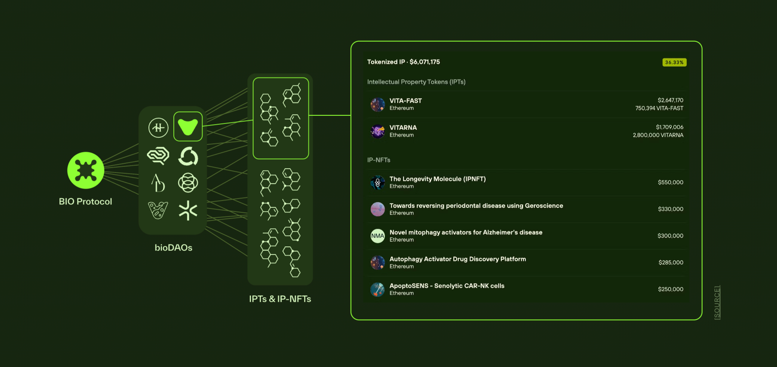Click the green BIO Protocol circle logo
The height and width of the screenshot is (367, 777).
(x=86, y=170)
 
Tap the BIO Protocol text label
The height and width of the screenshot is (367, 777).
(x=85, y=202)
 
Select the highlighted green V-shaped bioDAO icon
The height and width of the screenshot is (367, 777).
(x=188, y=127)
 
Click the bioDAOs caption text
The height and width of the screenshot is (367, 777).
(x=173, y=248)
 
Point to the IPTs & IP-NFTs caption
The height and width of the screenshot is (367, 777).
(x=280, y=299)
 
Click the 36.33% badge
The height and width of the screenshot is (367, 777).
(x=674, y=63)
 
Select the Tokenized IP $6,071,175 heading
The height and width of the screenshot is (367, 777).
(x=403, y=62)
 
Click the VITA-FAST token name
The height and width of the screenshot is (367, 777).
(x=405, y=101)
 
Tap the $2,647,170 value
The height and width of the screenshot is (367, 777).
(x=670, y=100)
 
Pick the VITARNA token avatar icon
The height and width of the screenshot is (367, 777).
(x=377, y=131)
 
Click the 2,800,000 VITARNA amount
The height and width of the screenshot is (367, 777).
(x=658, y=135)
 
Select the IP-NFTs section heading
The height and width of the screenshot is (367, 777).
(x=378, y=160)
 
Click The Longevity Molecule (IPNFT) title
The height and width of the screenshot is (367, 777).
(x=437, y=179)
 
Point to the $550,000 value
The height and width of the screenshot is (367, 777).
(x=670, y=182)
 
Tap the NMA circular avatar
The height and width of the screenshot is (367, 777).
(x=377, y=236)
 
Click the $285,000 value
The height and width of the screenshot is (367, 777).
(x=670, y=263)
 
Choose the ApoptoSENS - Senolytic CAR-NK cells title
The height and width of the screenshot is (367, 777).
(x=447, y=286)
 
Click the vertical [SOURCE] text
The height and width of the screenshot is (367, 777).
(x=717, y=302)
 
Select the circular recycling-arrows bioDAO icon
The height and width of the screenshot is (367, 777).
(x=188, y=156)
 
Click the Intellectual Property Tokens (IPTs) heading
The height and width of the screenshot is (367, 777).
(x=416, y=82)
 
